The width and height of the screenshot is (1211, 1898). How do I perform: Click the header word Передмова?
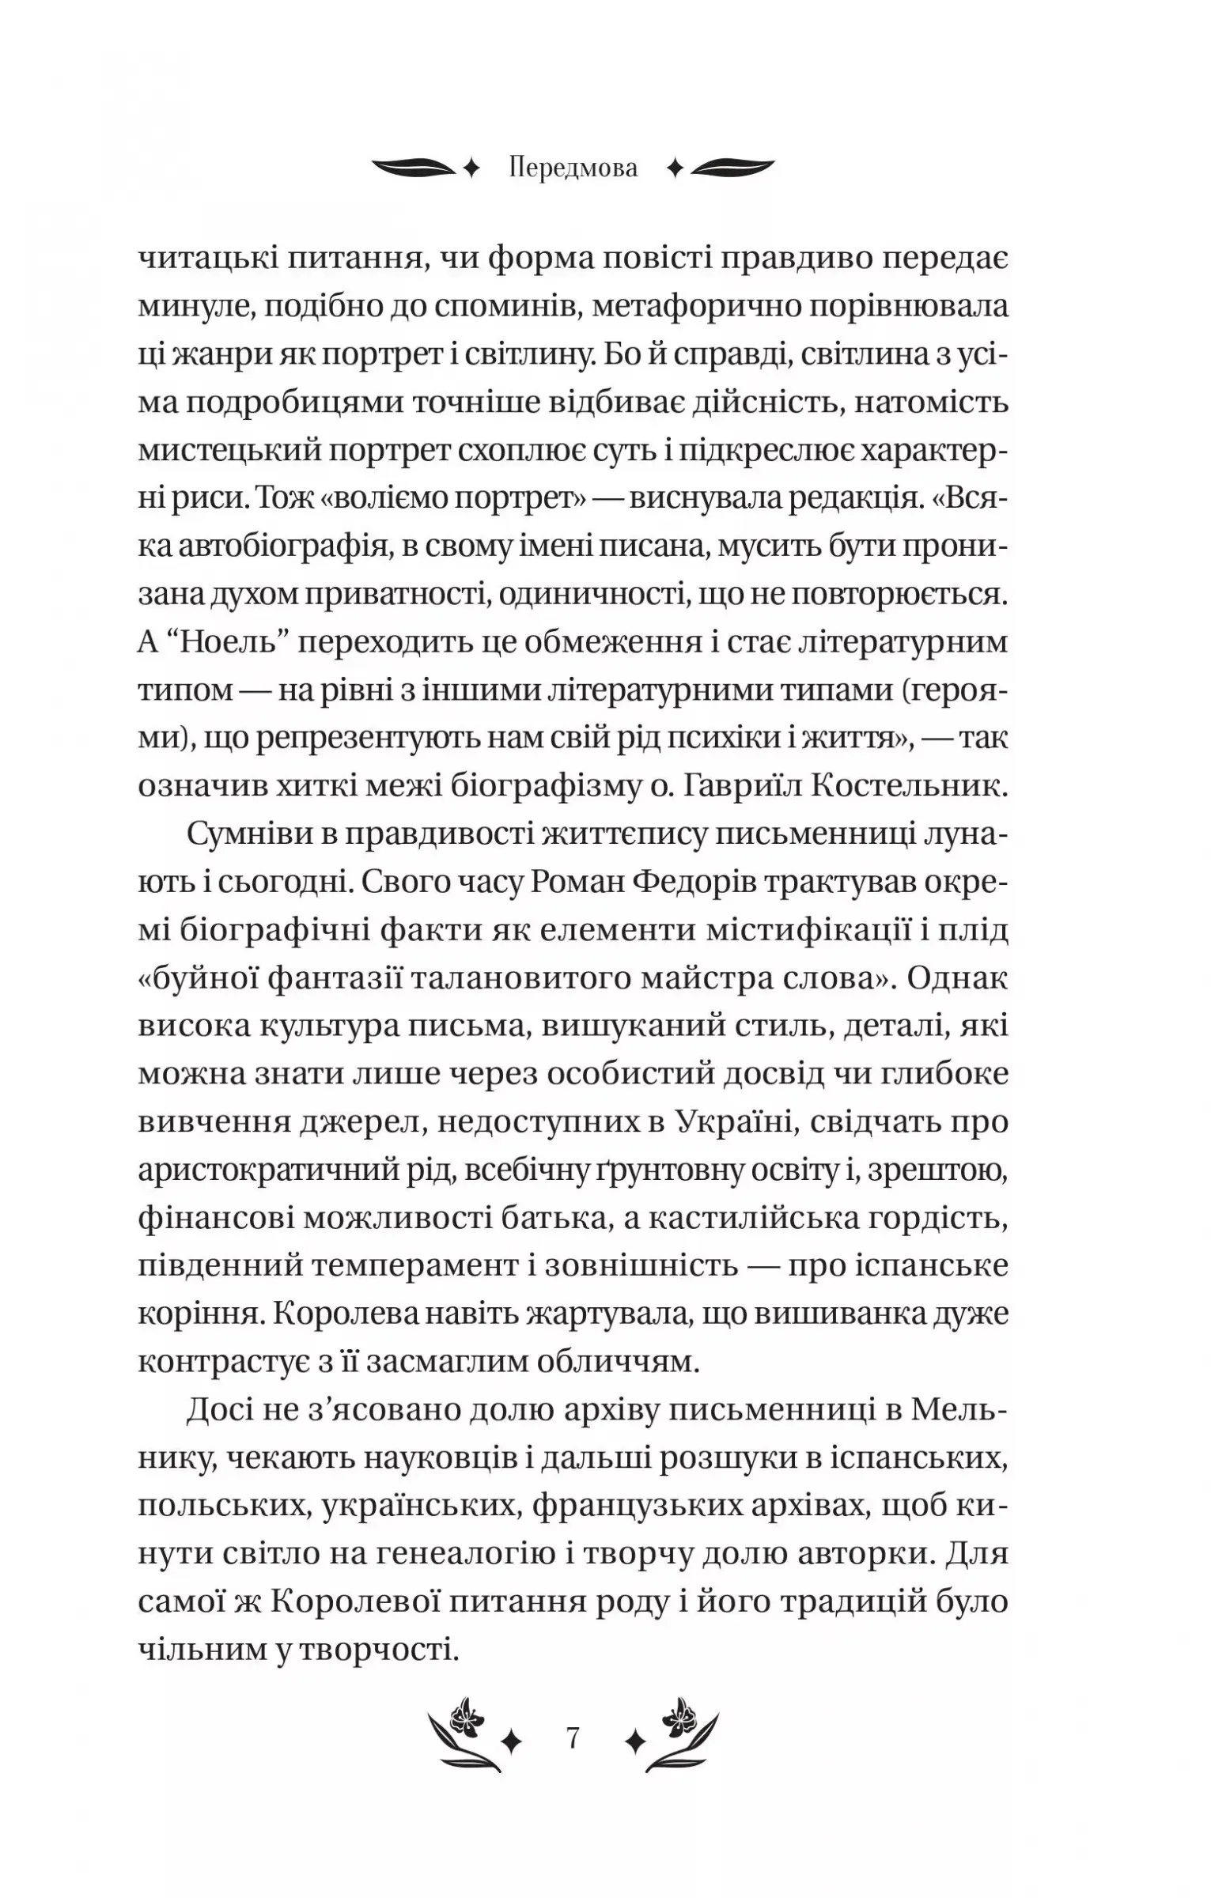[x=573, y=168]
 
